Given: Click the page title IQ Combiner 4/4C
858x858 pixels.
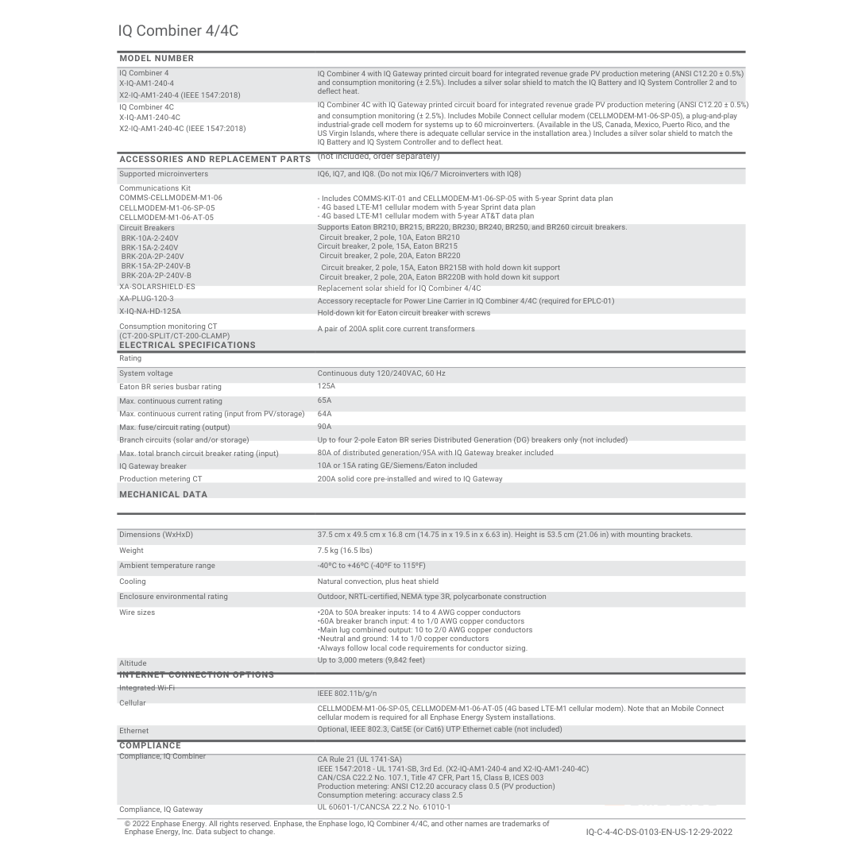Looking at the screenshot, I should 178,31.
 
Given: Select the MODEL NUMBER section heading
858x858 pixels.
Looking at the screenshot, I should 157,59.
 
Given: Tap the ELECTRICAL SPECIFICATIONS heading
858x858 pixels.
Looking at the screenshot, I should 187,346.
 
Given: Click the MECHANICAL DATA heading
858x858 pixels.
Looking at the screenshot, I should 163,494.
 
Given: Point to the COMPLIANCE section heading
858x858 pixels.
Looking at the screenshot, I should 150,746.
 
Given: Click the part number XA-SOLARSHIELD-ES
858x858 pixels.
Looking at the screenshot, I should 157,287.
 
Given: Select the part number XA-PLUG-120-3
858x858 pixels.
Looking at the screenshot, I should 146,300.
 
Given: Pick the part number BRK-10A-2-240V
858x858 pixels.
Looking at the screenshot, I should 150,238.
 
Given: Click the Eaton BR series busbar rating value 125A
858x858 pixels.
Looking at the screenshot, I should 327,387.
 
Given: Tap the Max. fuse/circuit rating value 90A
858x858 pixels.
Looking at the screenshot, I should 325,427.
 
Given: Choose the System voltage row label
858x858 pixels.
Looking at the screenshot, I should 146,373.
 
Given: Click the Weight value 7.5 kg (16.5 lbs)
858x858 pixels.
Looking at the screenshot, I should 345,551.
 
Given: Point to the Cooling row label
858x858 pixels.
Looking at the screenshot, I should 133,582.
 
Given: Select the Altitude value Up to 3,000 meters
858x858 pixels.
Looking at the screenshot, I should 371,660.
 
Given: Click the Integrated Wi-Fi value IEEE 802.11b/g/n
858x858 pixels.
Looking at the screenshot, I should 347,694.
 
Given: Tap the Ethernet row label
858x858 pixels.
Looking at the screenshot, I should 133,731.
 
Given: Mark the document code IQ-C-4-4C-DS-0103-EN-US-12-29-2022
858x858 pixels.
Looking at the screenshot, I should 659,832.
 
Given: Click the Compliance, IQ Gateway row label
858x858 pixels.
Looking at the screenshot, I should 160,810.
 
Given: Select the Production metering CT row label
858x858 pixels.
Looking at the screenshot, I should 160,479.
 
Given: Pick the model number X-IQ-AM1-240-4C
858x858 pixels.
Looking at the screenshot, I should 150,118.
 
